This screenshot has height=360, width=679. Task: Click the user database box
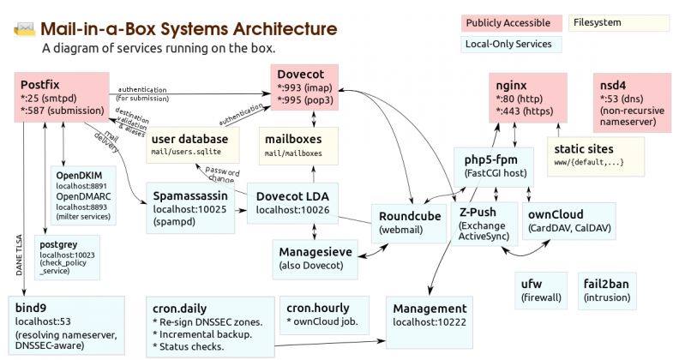(x=189, y=144)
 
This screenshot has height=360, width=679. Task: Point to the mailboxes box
(x=297, y=144)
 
